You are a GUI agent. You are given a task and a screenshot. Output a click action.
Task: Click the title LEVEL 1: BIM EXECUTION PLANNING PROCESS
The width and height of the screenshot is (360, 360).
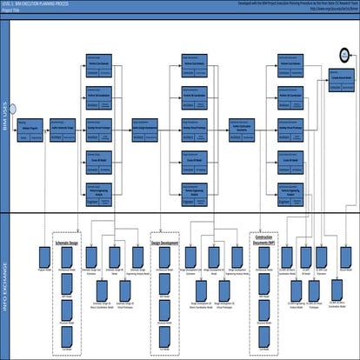click(39, 3)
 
